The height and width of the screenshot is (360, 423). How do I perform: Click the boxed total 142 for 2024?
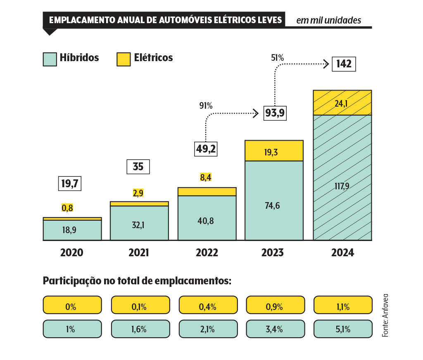coord(344,64)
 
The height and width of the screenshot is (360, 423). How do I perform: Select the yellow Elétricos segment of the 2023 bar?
coord(274,150)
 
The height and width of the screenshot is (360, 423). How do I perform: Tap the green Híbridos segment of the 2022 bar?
coord(207,218)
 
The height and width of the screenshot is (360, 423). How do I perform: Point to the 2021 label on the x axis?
coord(139,253)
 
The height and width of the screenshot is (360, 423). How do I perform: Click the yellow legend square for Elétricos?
coord(123,59)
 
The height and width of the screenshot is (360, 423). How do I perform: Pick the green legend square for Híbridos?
coord(50,59)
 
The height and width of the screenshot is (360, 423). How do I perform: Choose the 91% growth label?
coord(206,106)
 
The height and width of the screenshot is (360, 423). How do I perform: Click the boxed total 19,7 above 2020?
coord(70,184)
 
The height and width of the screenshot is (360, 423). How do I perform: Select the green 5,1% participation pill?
coord(343,329)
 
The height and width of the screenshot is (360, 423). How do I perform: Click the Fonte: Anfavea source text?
coord(385,315)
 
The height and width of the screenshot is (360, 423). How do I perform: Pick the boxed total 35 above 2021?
coord(138,167)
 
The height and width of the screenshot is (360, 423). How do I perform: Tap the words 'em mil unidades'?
coord(328,20)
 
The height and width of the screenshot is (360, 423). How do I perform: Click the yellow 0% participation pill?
coord(72,307)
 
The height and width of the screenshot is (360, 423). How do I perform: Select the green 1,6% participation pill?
coord(140,329)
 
